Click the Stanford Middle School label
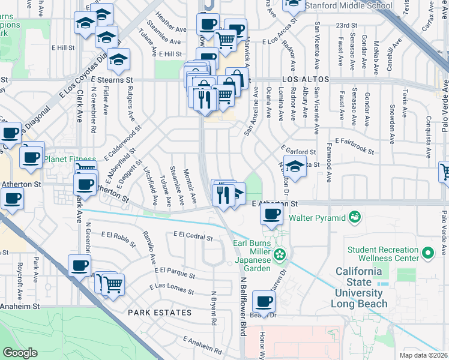(348, 5)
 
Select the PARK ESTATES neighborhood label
(160, 313)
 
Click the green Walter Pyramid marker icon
(355, 215)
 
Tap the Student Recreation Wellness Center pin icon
(427, 253)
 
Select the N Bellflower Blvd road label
(244, 306)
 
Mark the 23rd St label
(347, 26)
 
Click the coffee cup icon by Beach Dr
(264, 300)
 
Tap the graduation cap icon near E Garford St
(295, 166)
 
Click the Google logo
(20, 353)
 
